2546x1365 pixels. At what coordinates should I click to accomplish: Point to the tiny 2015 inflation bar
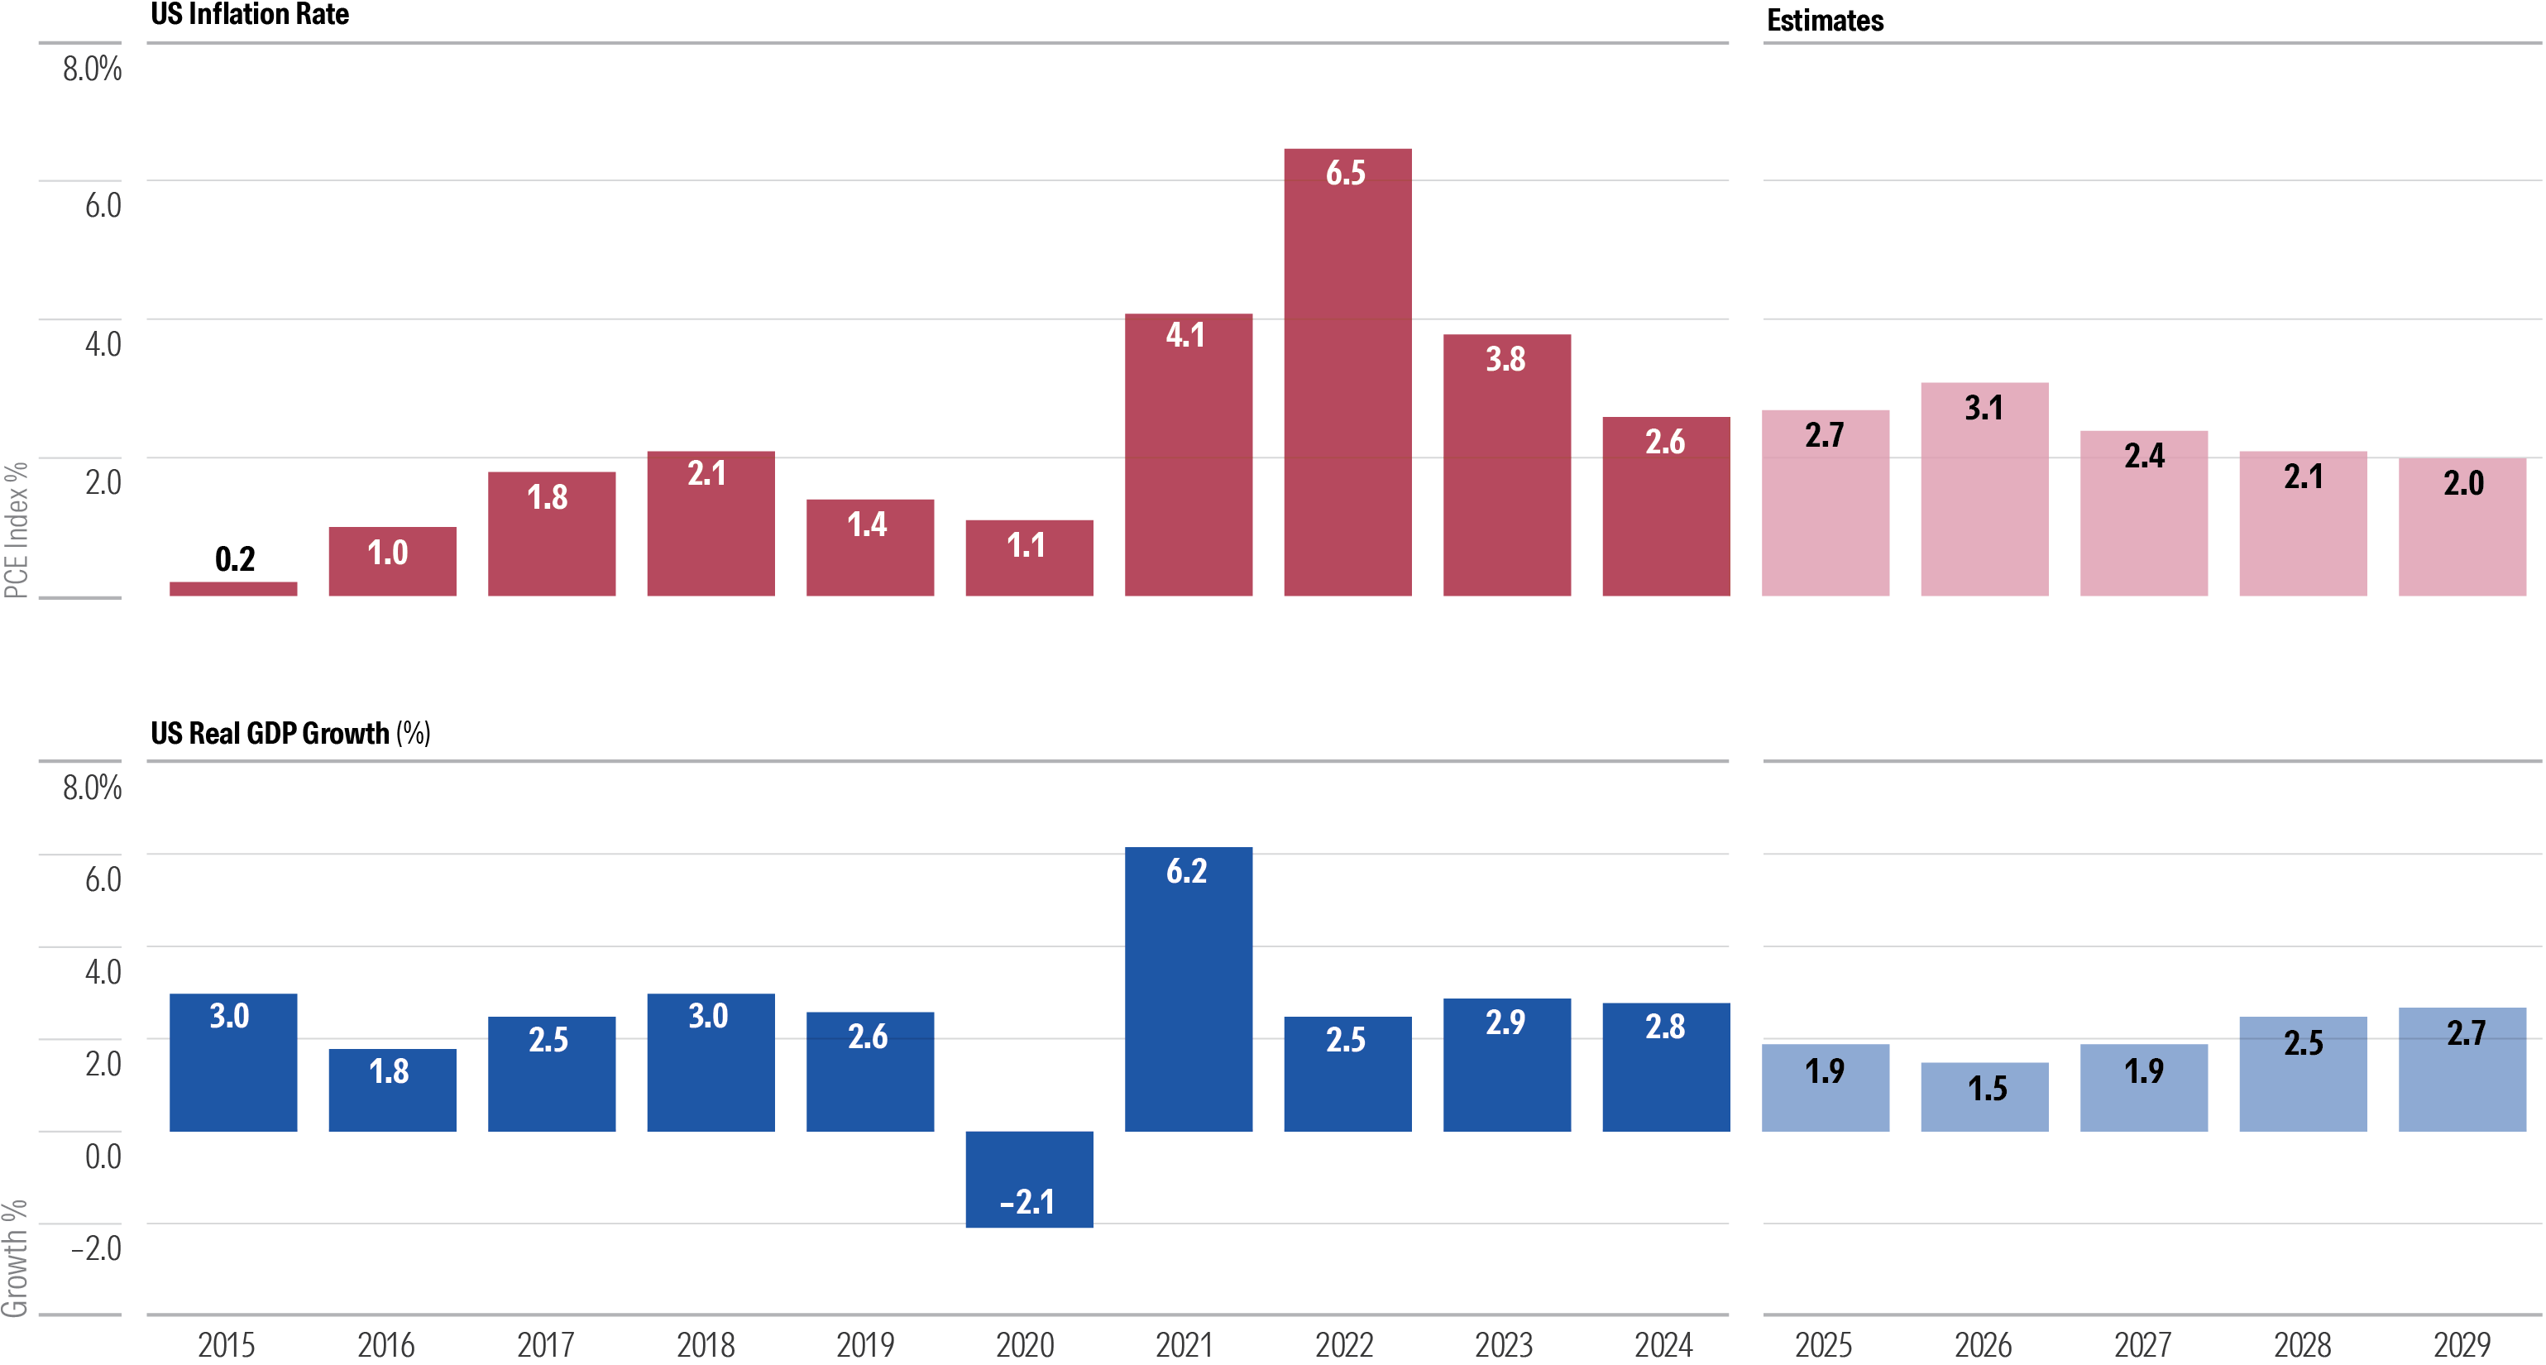233,589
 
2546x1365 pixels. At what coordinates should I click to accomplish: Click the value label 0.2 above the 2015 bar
235,559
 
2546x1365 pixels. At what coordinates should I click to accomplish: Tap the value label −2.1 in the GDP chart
1027,1202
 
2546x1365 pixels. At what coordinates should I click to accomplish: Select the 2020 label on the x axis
1025,1344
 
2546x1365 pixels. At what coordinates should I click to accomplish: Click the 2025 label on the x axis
1824,1344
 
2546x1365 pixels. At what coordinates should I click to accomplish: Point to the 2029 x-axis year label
2462,1344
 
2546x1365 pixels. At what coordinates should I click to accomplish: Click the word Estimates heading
1825,20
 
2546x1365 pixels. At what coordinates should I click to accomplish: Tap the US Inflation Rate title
249,15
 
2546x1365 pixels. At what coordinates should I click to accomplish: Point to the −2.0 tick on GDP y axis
96,1248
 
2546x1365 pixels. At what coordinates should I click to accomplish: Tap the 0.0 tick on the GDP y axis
103,1156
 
